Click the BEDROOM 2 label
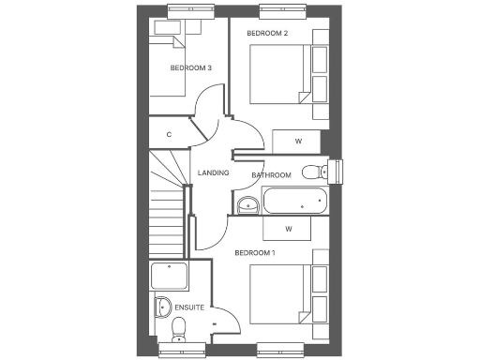click(266, 34)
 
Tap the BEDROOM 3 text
click(190, 68)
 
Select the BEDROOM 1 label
click(254, 253)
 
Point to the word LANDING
click(214, 172)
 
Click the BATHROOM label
click(271, 175)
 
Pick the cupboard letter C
click(169, 135)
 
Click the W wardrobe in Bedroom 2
click(297, 142)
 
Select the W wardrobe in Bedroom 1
click(289, 229)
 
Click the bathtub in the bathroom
click(294, 201)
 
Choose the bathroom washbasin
click(247, 205)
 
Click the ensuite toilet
click(178, 327)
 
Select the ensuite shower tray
click(170, 277)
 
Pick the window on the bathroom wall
click(339, 172)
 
